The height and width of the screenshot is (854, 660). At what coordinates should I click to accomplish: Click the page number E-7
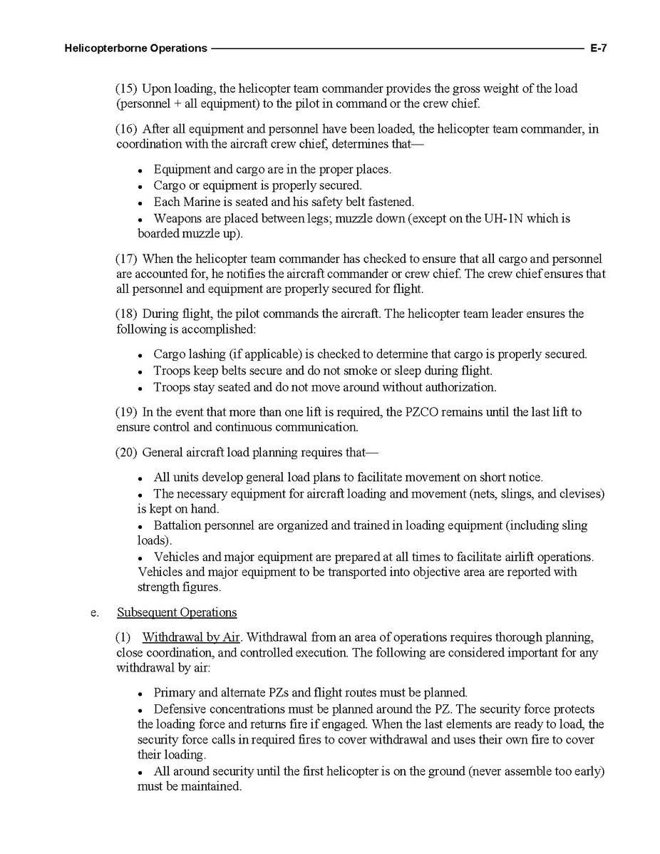(x=597, y=48)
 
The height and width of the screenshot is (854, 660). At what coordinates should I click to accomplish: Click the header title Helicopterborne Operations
(x=135, y=48)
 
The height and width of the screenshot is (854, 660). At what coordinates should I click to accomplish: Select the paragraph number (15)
(x=126, y=89)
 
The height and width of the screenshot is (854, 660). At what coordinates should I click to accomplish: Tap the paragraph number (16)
(x=126, y=129)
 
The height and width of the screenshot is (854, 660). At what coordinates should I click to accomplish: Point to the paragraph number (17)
(x=126, y=258)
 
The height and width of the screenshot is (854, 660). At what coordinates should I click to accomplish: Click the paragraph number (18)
(x=126, y=314)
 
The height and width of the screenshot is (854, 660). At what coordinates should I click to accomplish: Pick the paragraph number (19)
(x=126, y=412)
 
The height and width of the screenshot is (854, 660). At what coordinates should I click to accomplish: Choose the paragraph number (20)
(x=126, y=453)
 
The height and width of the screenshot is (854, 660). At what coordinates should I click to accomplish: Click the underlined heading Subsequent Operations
(x=177, y=612)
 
